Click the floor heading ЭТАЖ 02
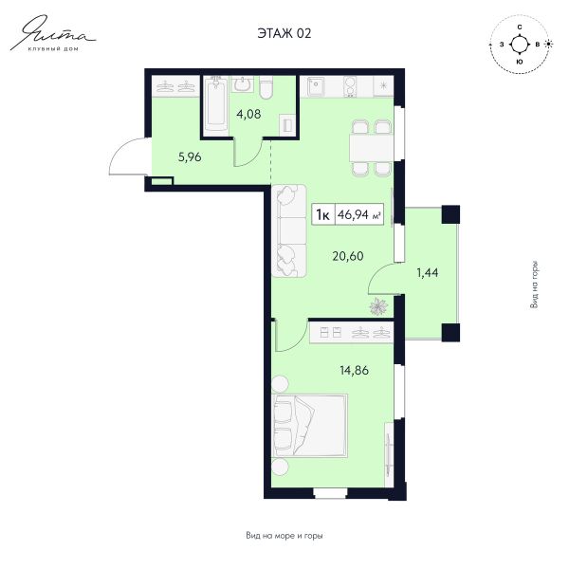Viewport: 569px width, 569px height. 284,33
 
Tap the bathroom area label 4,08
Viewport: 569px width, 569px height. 248,115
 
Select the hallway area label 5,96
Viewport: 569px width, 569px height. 190,157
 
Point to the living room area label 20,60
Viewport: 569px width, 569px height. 348,256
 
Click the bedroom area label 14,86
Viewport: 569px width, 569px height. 354,371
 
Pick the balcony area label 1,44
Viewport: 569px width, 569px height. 428,273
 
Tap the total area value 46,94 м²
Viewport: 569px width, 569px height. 359,215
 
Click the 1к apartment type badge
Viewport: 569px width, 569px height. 323,215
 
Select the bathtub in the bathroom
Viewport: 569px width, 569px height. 215,103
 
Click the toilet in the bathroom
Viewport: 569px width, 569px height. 266,87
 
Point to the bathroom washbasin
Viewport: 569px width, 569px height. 242,83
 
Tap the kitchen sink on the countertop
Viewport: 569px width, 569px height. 316,87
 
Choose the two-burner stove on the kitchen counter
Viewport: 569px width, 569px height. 350,86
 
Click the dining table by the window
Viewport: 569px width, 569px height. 371,148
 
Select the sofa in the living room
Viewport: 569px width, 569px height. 289,231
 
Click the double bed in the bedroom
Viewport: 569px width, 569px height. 309,425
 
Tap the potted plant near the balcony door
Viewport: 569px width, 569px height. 378,306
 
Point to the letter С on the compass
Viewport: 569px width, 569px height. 520,28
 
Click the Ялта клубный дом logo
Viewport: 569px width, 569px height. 52,33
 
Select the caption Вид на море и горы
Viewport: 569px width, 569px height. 284,536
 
